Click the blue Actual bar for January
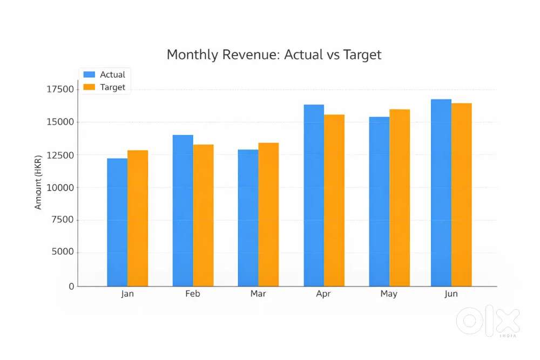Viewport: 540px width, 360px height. pyautogui.click(x=117, y=222)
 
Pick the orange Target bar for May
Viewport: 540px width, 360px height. pyautogui.click(x=400, y=198)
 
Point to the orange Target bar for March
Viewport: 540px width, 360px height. pyautogui.click(x=268, y=214)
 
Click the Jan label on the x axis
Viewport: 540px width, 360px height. pyautogui.click(x=127, y=294)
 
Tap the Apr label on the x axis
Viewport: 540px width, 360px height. pyautogui.click(x=323, y=294)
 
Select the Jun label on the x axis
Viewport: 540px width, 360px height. pyautogui.click(x=451, y=294)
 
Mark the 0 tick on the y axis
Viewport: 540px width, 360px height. pyautogui.click(x=71, y=286)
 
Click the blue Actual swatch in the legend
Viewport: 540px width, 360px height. pyautogui.click(x=89, y=74)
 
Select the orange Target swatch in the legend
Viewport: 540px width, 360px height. pyautogui.click(x=89, y=87)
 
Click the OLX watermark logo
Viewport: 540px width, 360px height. pyautogui.click(x=488, y=322)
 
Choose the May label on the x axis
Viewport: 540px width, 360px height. pyautogui.click(x=389, y=294)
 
